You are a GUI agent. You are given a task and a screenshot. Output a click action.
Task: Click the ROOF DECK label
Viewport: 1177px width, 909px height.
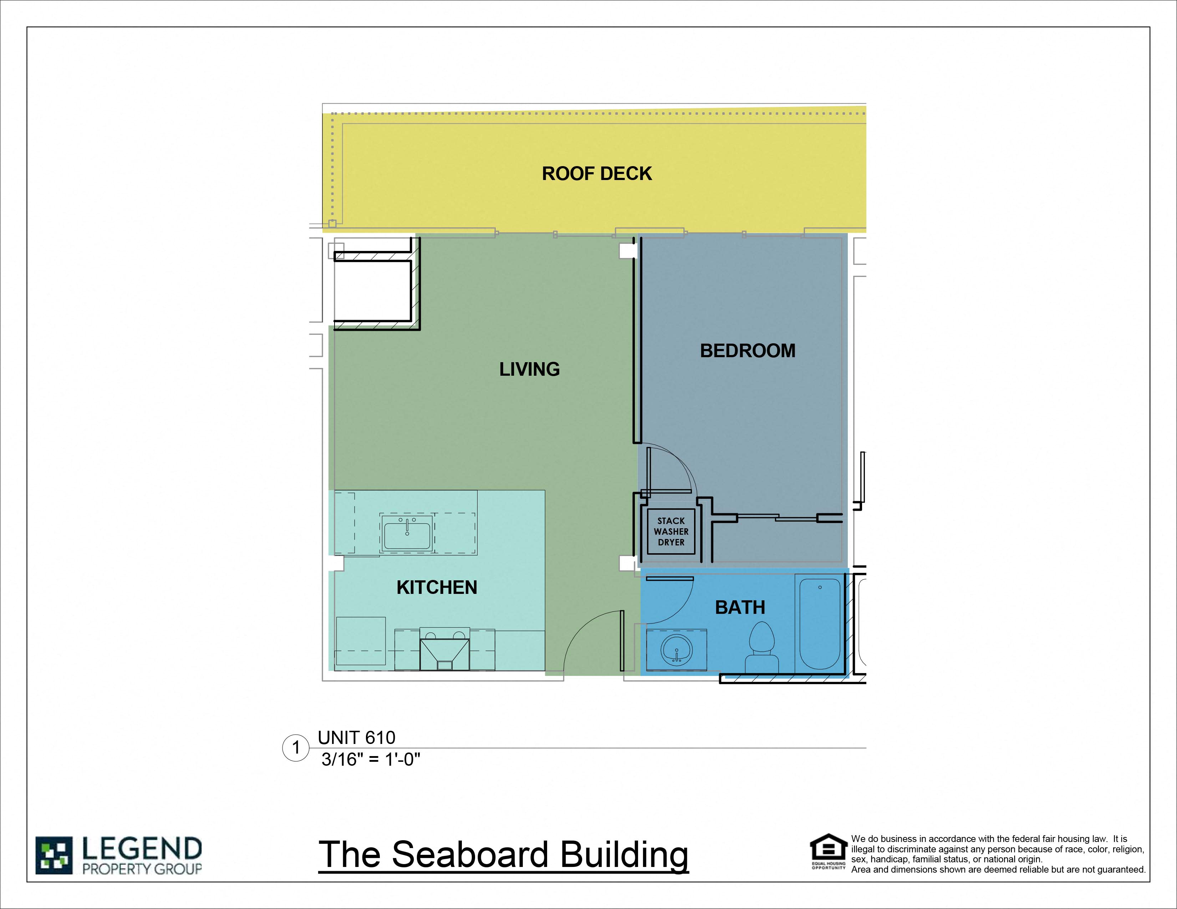point(597,173)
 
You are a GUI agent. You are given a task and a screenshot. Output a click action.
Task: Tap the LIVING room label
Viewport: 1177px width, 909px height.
point(529,369)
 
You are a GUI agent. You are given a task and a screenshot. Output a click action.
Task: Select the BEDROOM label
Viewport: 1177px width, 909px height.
point(748,350)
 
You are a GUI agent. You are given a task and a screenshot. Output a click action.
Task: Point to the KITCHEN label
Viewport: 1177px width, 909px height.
point(437,587)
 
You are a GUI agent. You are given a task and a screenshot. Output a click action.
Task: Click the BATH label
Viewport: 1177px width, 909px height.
point(740,607)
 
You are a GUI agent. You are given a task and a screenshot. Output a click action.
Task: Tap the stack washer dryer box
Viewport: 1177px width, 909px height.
point(671,531)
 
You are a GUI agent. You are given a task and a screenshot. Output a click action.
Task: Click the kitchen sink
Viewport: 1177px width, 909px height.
point(407,534)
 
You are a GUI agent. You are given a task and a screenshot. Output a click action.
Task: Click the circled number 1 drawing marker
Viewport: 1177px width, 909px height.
point(295,748)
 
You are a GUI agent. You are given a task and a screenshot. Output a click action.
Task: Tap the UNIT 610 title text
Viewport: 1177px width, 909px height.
point(356,737)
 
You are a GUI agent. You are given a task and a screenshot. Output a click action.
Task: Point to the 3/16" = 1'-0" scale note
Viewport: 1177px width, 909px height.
point(371,759)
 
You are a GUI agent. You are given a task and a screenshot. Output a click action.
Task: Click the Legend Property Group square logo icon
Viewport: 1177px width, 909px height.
point(54,855)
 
